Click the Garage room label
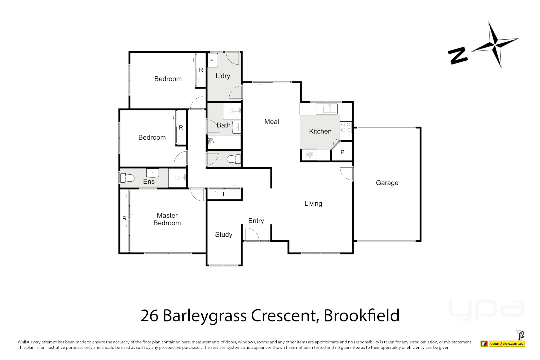[387, 183]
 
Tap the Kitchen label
[320, 131]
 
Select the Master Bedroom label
[167, 219]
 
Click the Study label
[223, 235]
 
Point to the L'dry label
[223, 76]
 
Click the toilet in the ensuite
[128, 178]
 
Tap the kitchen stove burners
[346, 127]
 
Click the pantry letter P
[342, 152]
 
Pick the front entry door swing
[252, 234]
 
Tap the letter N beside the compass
[458, 56]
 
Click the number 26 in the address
[149, 316]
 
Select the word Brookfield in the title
[361, 316]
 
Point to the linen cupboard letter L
[224, 194]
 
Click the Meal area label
[271, 122]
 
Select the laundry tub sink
[213, 61]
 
